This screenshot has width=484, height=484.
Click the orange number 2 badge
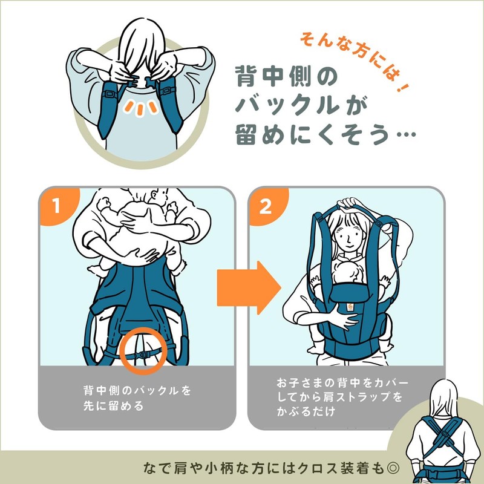coord(265,206)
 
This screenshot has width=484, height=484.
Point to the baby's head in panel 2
coord(347,273)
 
